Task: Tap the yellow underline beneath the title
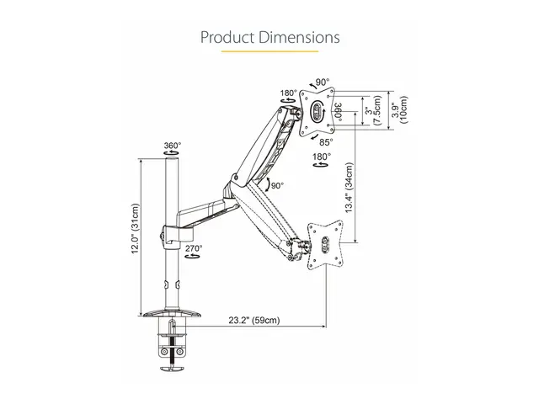269,52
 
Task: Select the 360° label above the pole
172,146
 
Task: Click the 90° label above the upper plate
322,82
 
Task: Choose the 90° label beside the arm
276,185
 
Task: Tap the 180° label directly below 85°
321,157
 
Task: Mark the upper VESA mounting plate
318,112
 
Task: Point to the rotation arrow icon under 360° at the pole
172,156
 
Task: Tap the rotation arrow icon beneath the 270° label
193,259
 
